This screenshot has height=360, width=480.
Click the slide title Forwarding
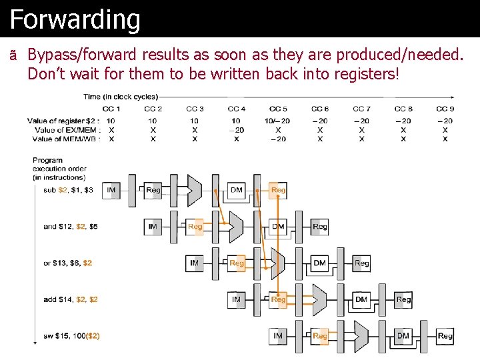75,19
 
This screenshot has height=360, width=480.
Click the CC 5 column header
278,109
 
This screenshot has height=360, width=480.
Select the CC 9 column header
445,109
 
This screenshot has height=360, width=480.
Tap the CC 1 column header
111,109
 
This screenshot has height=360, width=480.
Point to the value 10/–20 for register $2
277,121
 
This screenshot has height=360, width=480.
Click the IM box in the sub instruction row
111,190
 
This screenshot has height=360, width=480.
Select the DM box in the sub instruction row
237,190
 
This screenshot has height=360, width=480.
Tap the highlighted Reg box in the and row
195,227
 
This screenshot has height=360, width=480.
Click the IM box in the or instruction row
194,263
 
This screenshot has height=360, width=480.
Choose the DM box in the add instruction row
361,300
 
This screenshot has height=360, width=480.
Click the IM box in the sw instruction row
278,336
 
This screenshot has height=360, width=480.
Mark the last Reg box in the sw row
445,336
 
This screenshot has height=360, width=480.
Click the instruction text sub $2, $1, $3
68,191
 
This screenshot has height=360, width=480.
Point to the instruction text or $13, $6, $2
67,263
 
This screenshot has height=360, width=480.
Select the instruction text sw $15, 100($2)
71,336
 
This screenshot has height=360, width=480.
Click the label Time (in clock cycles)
121,97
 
